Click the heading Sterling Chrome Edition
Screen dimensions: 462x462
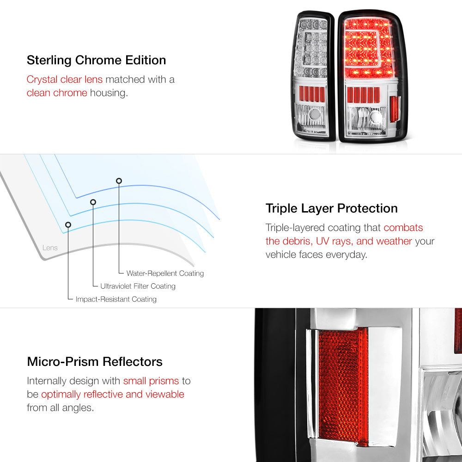coord(97,60)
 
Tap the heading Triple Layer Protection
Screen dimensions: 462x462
coord(331,208)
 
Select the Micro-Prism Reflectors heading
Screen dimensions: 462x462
coord(95,362)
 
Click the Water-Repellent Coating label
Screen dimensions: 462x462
coord(165,274)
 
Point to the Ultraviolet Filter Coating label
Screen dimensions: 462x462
coord(138,286)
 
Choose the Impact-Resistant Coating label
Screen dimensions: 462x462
coord(116,299)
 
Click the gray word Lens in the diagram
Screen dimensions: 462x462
coord(50,248)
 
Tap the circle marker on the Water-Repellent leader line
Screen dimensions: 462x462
coord(119,181)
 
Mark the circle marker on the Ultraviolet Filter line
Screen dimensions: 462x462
coord(93,202)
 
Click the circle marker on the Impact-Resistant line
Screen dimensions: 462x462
coord(68,225)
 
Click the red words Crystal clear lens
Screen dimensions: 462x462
coord(65,79)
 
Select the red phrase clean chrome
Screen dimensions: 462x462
coord(57,93)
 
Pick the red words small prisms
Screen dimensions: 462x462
coord(151,381)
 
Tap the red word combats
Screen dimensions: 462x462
coord(403,227)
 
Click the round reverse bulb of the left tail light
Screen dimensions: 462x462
coord(314,114)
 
